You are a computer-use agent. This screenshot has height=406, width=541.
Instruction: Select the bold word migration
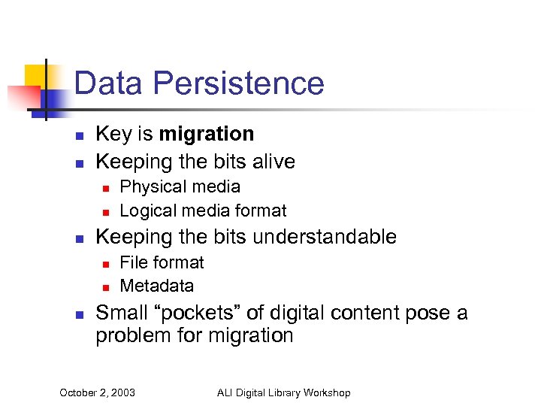[x=207, y=135]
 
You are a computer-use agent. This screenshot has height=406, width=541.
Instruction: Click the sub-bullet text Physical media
[x=180, y=186]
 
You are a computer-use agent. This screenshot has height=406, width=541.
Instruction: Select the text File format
[x=162, y=262]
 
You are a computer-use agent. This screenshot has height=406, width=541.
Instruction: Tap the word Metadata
[x=156, y=286]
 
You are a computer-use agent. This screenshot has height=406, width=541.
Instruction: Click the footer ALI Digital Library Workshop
[x=283, y=392]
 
